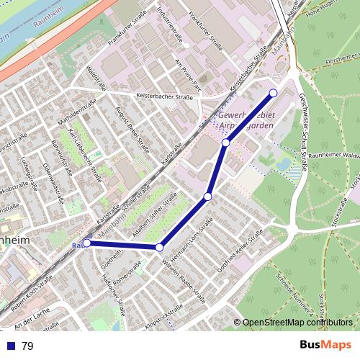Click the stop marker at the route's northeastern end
pyautogui.click(x=274, y=93)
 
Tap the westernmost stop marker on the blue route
pyautogui.click(x=87, y=243)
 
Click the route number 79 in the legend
pyautogui.click(x=27, y=346)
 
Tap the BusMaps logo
pyautogui.click(x=326, y=345)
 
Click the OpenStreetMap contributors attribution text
pyautogui.click(x=297, y=323)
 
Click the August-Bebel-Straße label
pyautogui.click(x=130, y=120)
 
